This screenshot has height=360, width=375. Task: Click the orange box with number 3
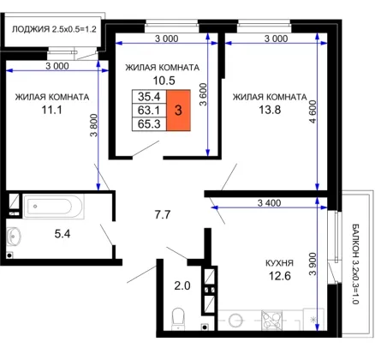(178, 111)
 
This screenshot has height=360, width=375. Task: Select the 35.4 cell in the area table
(149, 97)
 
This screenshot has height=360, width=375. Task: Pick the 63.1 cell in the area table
(149, 111)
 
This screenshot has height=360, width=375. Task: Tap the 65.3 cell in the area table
(149, 124)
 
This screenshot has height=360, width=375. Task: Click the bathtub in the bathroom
(54, 207)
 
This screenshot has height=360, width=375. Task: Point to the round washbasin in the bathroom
(14, 236)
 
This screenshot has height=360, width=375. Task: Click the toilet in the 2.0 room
(179, 319)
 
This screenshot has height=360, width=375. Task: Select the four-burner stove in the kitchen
(272, 320)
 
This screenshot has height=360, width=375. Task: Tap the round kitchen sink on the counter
(235, 320)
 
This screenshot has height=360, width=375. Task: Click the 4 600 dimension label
(313, 111)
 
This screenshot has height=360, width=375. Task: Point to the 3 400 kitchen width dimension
(269, 203)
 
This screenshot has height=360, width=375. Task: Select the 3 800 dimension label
(94, 125)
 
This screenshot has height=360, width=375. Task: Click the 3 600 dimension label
(203, 94)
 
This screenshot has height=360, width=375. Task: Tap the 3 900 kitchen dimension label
(312, 264)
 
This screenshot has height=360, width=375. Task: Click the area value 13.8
(270, 110)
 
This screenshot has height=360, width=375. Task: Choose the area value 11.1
(51, 110)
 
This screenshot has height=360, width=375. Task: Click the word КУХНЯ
(279, 263)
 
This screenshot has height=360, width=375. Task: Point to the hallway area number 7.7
(163, 214)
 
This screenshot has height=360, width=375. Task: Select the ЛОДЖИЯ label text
(31, 29)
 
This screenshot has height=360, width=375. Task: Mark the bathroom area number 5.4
(62, 234)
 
